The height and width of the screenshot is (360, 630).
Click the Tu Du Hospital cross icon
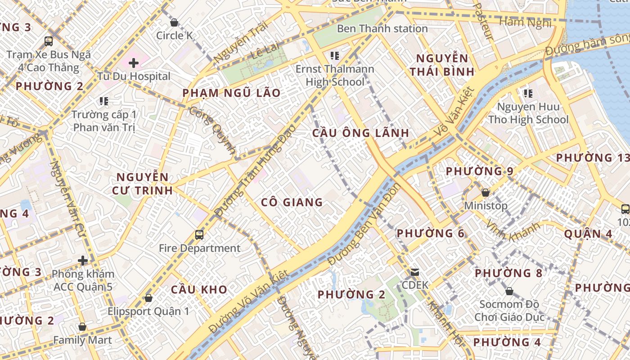(x=134, y=63)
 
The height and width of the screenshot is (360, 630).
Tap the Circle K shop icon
(x=174, y=22)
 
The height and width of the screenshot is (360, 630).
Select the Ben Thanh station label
(x=382, y=29)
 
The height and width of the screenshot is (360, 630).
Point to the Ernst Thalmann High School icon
(x=334, y=56)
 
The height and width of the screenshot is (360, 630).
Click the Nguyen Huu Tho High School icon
(x=528, y=94)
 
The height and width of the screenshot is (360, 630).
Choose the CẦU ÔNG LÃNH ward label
(x=361, y=133)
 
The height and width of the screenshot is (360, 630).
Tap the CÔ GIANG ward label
(x=292, y=202)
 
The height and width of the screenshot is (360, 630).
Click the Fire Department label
(x=199, y=248)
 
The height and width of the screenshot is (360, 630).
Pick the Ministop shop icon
(x=486, y=193)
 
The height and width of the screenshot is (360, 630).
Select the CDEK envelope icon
(x=415, y=272)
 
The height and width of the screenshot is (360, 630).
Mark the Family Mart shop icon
(x=82, y=327)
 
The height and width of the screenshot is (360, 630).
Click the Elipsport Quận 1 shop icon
(x=148, y=298)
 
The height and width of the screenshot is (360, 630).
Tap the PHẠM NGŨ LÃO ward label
(x=231, y=93)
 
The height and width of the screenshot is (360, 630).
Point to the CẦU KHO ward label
(x=199, y=289)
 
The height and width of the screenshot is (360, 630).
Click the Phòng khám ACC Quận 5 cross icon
(x=82, y=260)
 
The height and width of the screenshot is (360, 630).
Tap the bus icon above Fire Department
(x=199, y=234)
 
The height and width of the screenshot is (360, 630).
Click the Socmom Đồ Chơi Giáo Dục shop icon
(x=509, y=291)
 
